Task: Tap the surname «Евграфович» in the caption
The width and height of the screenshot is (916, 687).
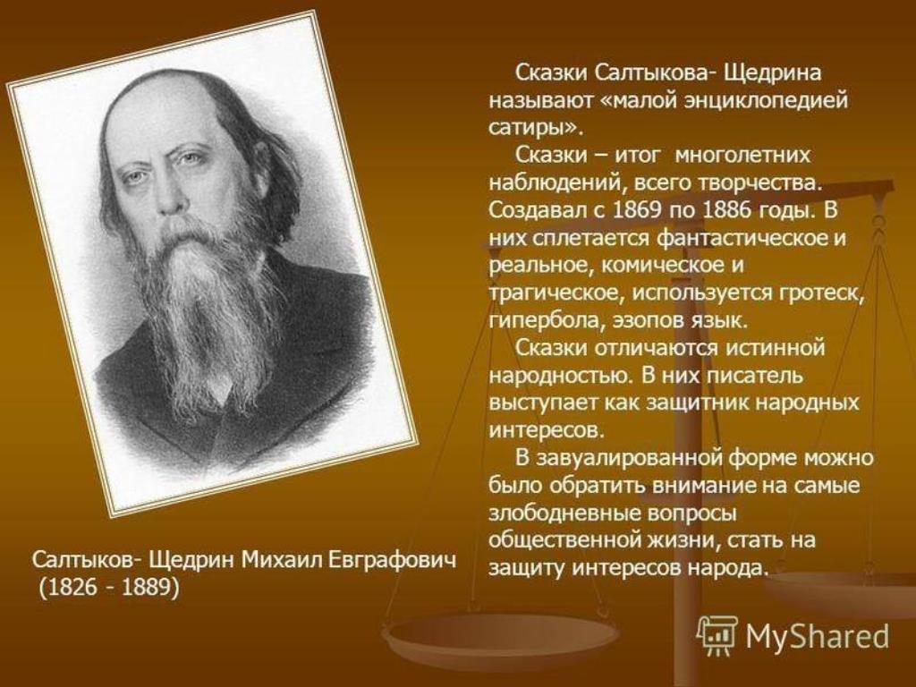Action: pos(390,561)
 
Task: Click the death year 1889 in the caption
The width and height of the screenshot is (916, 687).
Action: pos(145,587)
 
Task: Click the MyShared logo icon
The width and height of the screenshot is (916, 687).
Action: pos(717,634)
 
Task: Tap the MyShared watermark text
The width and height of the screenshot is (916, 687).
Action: pos(817,636)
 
